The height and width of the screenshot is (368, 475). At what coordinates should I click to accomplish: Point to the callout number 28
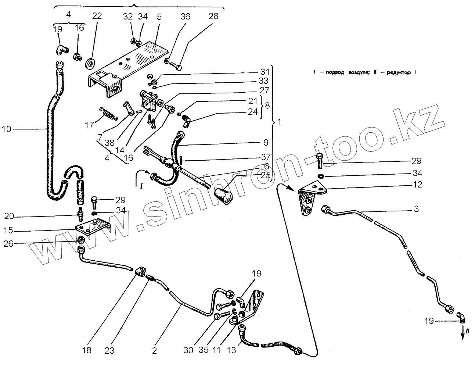click(x=213, y=16)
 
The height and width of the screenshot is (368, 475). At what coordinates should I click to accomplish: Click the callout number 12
click(x=418, y=185)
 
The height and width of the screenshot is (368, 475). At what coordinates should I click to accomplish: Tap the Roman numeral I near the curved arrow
click(x=141, y=187)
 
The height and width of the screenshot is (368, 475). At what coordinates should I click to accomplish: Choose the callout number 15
click(x=8, y=231)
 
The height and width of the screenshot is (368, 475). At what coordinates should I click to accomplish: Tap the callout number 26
click(x=8, y=243)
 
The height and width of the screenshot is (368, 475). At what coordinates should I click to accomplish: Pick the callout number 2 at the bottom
click(x=154, y=351)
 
